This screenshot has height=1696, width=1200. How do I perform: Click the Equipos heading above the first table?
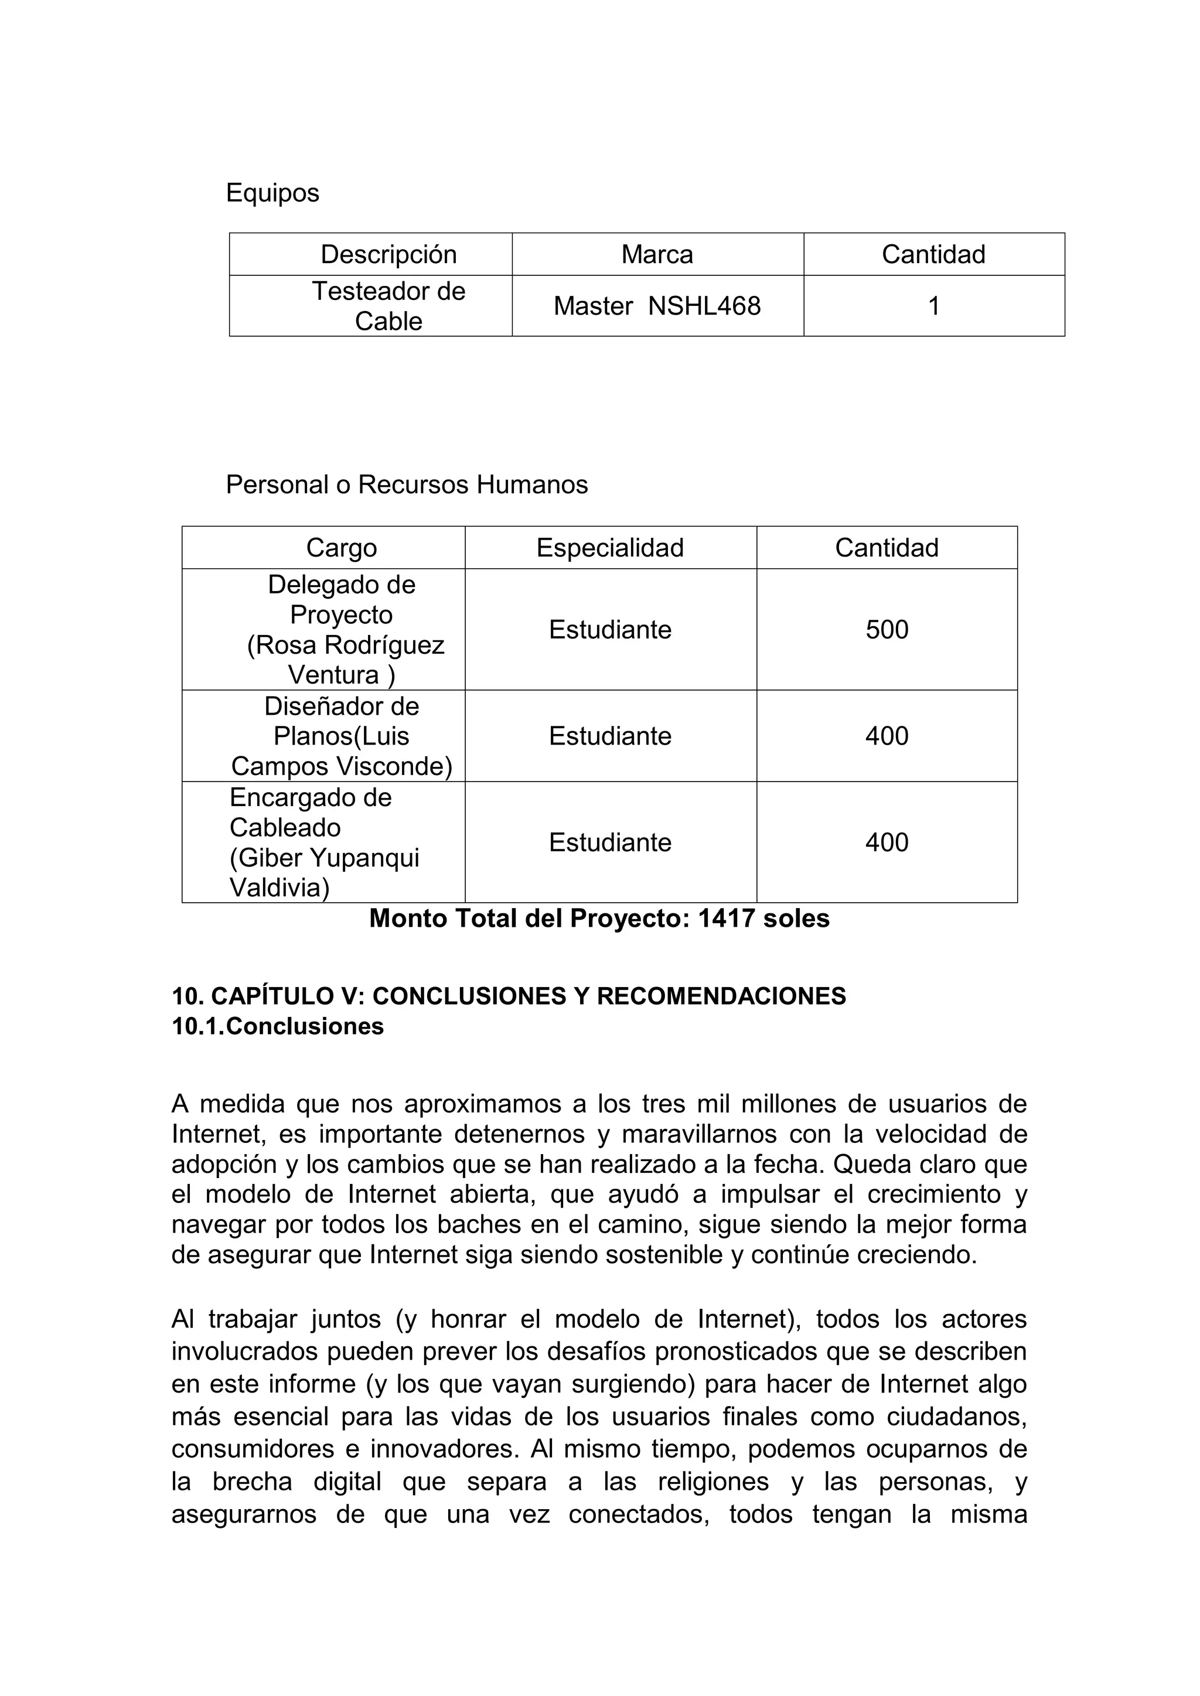click(x=272, y=193)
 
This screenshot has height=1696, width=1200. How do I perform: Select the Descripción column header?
click(x=388, y=254)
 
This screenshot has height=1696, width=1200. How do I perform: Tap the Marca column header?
click(x=657, y=254)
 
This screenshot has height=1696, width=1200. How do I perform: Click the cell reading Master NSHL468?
click(x=657, y=306)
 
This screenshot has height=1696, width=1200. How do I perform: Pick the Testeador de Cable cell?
click(x=388, y=306)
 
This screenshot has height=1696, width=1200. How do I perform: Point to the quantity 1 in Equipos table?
click(x=933, y=306)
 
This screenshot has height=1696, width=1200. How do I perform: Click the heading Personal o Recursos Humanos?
click(x=407, y=484)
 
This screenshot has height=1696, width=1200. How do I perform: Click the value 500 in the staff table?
click(x=887, y=629)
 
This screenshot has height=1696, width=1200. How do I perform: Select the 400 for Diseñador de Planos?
click(x=887, y=736)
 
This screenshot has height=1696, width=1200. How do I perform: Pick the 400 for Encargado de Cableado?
click(x=887, y=842)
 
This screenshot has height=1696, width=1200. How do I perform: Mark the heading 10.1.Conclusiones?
click(x=278, y=1026)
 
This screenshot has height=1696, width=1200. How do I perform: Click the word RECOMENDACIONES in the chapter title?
click(x=721, y=996)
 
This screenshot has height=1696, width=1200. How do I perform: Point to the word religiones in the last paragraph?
click(x=713, y=1481)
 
